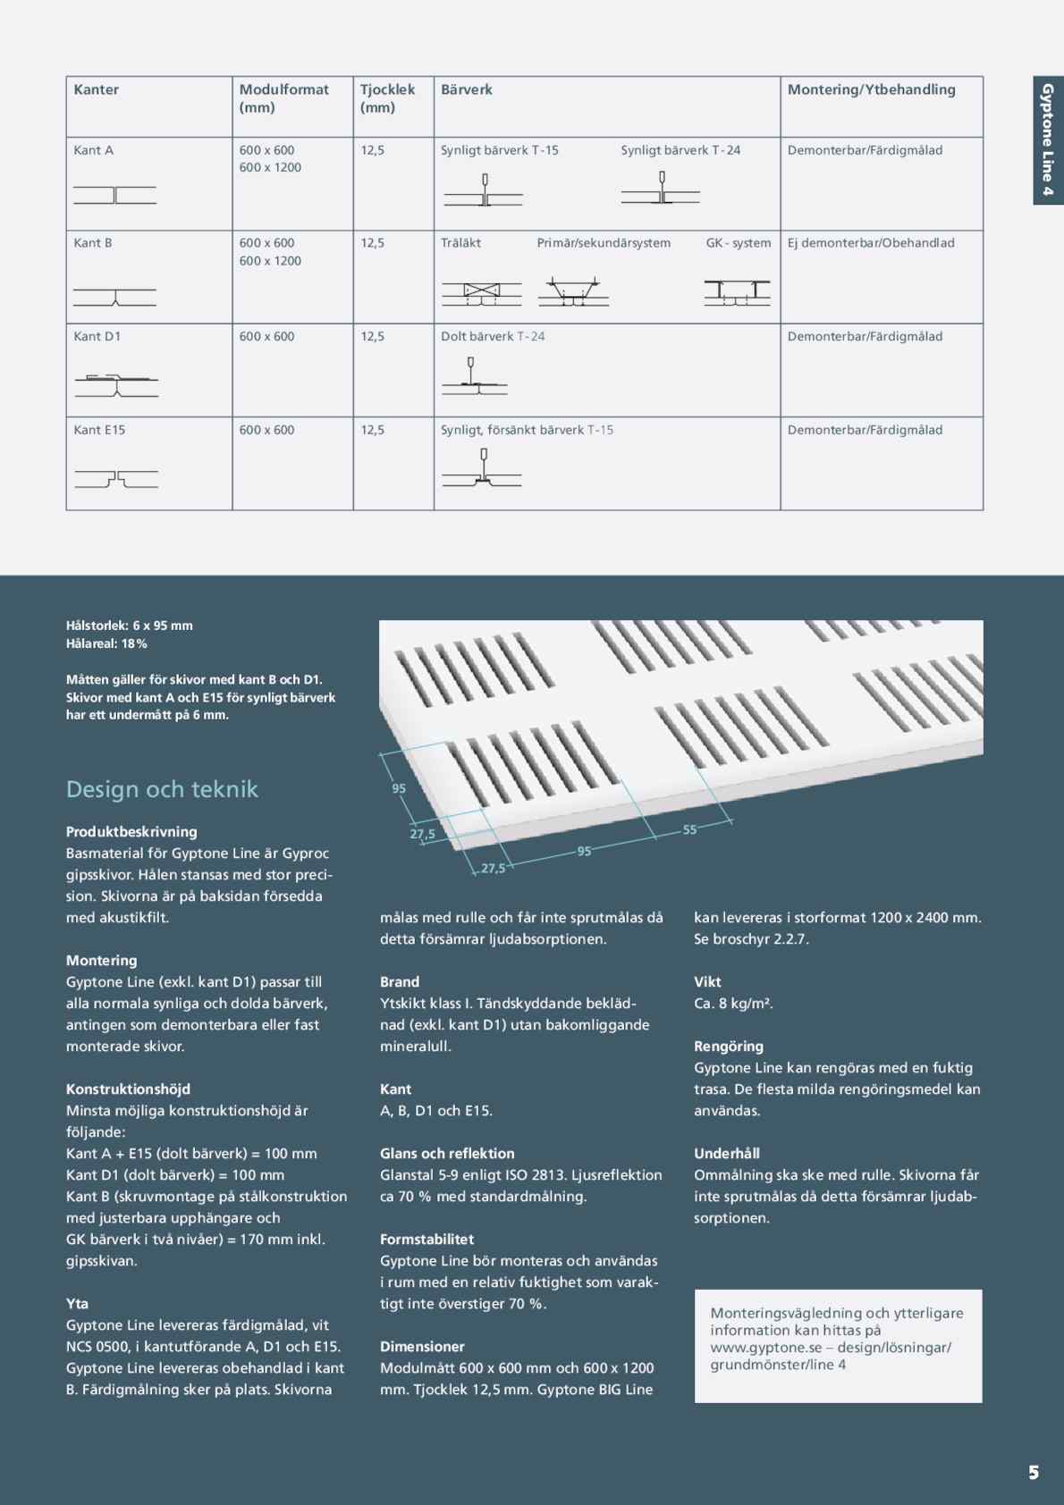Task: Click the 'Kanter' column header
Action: click(97, 89)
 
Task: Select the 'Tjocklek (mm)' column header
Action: click(387, 98)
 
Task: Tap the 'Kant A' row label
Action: click(94, 150)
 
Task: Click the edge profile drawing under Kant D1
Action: click(116, 384)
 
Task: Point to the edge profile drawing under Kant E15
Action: click(116, 480)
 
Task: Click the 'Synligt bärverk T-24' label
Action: click(680, 150)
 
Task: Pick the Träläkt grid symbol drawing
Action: click(481, 292)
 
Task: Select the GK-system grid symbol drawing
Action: click(737, 292)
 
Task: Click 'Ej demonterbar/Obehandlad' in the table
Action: click(871, 243)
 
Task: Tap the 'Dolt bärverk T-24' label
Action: click(493, 337)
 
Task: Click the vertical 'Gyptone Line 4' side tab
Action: click(1048, 139)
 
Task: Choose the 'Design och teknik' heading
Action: click(162, 789)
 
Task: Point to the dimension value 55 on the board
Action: click(689, 830)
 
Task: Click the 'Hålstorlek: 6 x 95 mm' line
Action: click(130, 626)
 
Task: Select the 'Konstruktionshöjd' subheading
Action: click(128, 1089)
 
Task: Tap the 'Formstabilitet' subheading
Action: click(426, 1240)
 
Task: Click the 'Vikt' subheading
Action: click(707, 982)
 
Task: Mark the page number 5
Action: click(1034, 1473)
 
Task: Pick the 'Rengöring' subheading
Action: click(729, 1047)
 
